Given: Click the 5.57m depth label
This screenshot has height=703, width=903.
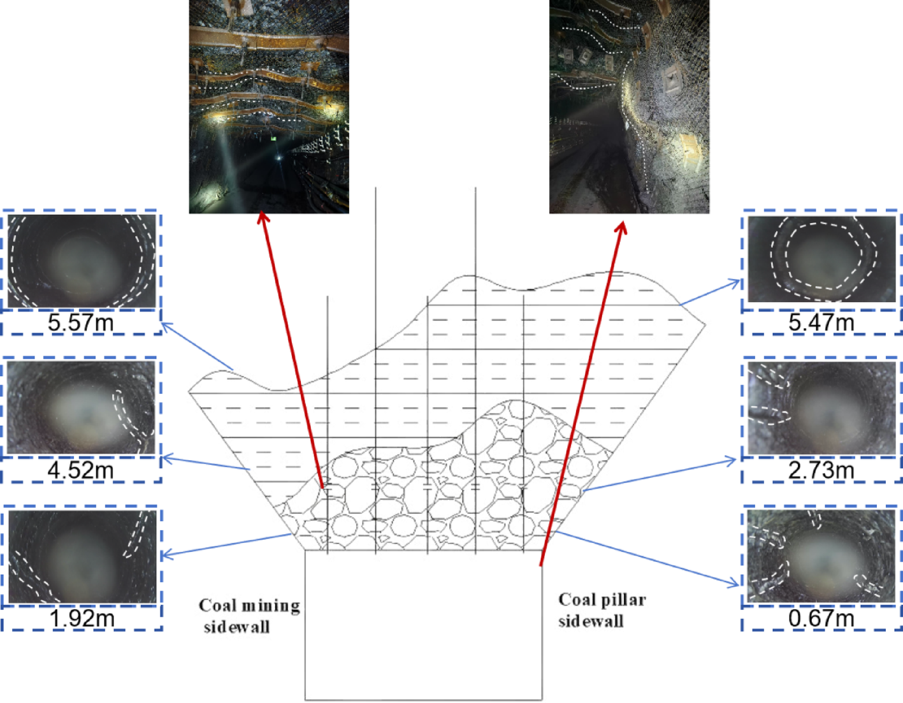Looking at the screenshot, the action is point(81,323).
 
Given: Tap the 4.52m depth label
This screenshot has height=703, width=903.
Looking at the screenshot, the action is point(81,470).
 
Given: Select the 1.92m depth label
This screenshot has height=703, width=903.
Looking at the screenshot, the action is point(82,619).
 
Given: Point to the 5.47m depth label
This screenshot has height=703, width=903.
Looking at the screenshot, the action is point(821,323).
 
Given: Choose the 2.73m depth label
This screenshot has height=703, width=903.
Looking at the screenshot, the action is point(821,470).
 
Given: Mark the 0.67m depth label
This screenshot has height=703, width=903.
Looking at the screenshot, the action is point(821,619).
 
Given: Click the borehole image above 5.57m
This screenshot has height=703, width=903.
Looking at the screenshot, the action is point(82,261).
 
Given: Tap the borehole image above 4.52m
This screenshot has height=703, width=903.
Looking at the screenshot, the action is point(81,407).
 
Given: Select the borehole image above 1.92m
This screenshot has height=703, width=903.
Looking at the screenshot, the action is point(82,556).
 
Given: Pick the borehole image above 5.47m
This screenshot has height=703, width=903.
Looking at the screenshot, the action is point(821,259).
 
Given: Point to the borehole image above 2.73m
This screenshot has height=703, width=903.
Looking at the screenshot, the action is point(821,408).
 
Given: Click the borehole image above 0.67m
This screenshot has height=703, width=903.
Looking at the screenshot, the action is point(821,556).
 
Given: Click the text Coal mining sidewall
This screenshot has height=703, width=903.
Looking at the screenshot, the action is point(249,616).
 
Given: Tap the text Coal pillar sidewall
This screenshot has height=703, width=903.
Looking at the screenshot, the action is point(602,611).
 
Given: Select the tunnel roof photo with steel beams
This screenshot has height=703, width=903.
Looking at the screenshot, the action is point(269,107).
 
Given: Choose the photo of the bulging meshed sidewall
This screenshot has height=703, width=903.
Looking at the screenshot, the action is point(629,107).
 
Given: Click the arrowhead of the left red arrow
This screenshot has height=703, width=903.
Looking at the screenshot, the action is point(262,217).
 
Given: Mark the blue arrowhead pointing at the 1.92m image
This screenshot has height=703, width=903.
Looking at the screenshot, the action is point(166,554).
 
